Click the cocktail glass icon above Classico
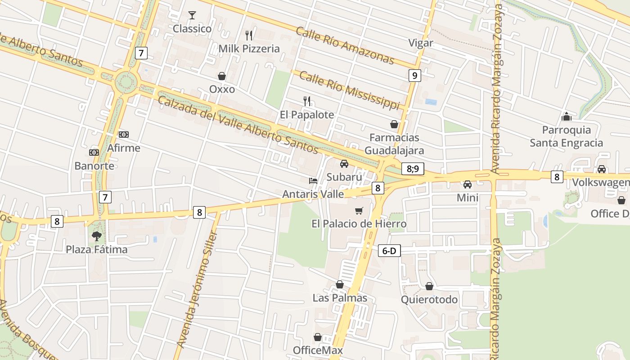pos(192,15)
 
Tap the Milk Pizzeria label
pos(249,49)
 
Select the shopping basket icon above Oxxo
pos(222,76)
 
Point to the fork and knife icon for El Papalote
pos(307,101)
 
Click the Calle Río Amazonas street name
pos(345,45)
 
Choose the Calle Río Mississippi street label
pos(349,90)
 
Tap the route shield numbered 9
pos(414,75)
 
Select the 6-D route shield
pos(389,251)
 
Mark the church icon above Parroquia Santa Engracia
pos(566,117)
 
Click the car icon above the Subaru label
pos(344,164)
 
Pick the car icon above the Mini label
pos(468,184)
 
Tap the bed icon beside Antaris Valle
pos(313,181)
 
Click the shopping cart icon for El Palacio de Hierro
pos(359,211)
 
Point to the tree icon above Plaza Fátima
pos(97,236)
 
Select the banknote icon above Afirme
pos(124,135)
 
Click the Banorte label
pos(94,166)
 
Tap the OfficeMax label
pos(318,350)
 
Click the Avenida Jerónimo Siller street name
pos(197,290)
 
